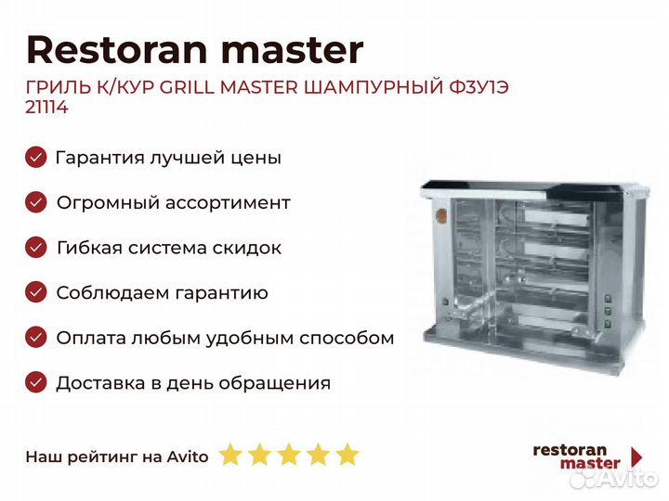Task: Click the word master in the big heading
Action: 293,50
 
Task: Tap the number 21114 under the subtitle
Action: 47,107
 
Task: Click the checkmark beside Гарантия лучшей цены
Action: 36,157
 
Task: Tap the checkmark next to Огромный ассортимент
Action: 36,202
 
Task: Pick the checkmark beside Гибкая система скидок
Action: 36,248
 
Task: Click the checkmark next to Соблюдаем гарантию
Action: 36,292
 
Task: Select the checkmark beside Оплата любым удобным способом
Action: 36,338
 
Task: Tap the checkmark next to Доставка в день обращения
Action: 36,382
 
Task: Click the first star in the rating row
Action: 230,454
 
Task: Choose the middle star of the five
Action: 289,454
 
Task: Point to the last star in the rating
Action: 348,454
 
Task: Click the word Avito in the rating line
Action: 188,456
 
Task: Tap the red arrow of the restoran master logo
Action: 636,456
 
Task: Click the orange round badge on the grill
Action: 440,216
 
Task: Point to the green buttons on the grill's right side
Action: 608,311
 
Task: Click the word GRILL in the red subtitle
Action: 187,87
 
